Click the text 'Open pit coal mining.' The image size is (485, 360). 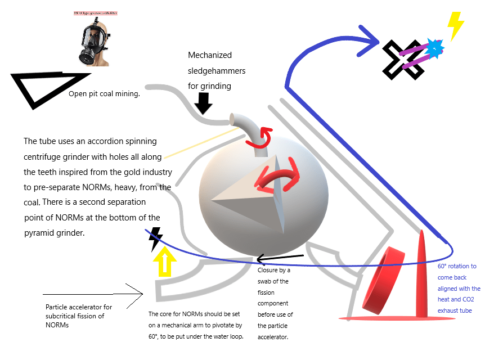tap(104, 94)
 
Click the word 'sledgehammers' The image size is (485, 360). tap(217, 71)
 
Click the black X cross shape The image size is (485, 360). tap(403, 59)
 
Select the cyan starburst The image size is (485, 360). tap(434, 48)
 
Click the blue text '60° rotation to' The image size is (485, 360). tap(457, 266)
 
